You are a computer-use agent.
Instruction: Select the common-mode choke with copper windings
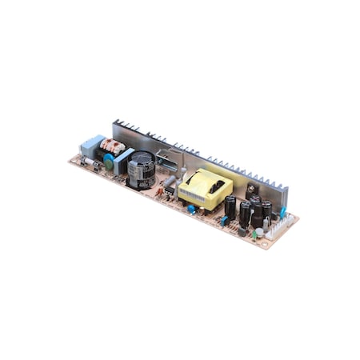coord(111,146)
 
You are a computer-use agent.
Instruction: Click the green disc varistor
coord(108,159)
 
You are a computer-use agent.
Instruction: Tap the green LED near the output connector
coord(255,235)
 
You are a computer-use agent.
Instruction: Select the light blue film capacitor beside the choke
coord(122,160)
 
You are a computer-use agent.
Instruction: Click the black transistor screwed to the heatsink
coord(253,190)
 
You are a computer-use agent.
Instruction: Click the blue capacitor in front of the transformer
coord(192,209)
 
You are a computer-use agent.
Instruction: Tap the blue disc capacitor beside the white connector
coord(282,213)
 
